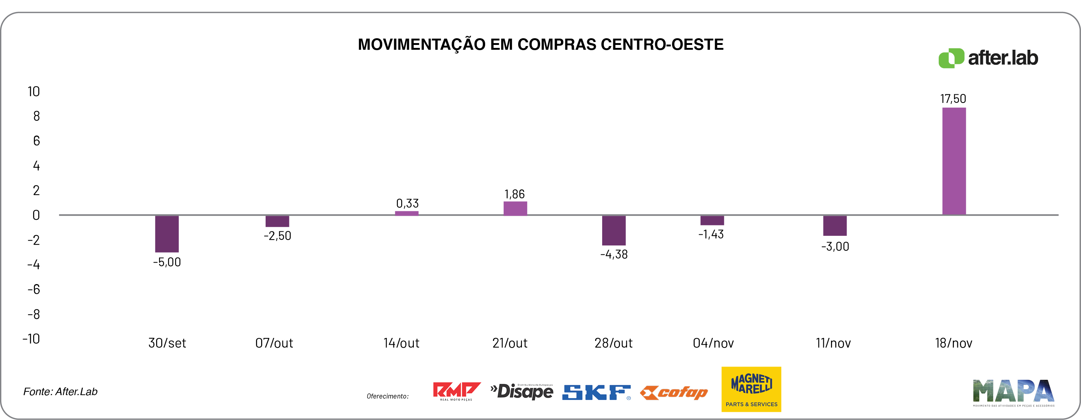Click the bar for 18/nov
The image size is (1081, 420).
tap(954, 161)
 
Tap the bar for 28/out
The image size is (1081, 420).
tap(614, 230)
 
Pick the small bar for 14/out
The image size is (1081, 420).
tap(406, 213)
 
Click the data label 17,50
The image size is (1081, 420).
tap(953, 99)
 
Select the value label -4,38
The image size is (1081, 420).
tap(614, 254)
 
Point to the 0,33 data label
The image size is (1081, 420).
tap(407, 204)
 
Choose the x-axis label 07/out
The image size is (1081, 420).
tap(274, 343)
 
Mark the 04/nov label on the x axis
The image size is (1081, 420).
tap(713, 343)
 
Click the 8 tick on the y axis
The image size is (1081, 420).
tap(36, 116)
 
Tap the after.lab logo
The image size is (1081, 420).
tap(988, 58)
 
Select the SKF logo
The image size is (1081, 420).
tap(596, 392)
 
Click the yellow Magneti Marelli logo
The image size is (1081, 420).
tap(751, 389)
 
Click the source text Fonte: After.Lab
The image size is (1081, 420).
tap(61, 391)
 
